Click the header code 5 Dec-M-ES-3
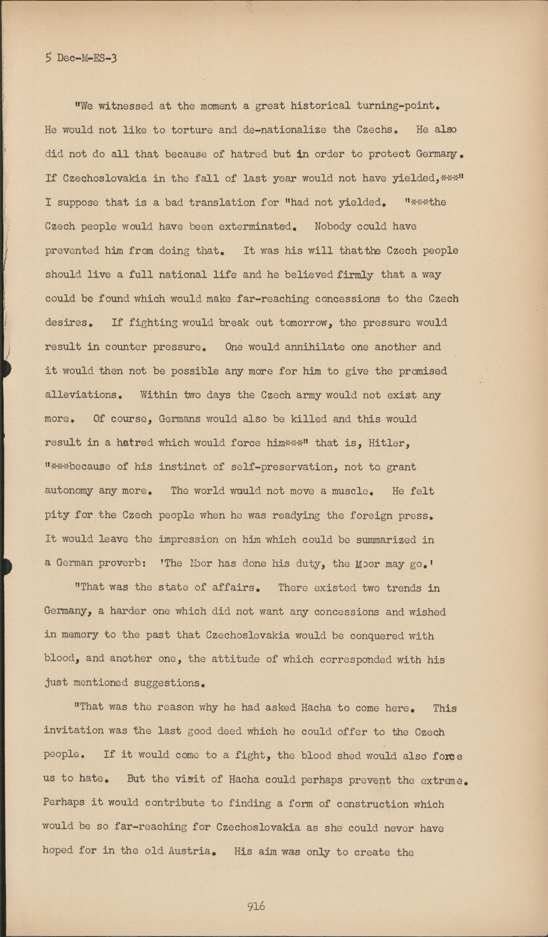[x=81, y=58]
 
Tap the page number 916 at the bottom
[x=256, y=906]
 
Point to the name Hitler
[x=389, y=443]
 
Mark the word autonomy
[x=69, y=491]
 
